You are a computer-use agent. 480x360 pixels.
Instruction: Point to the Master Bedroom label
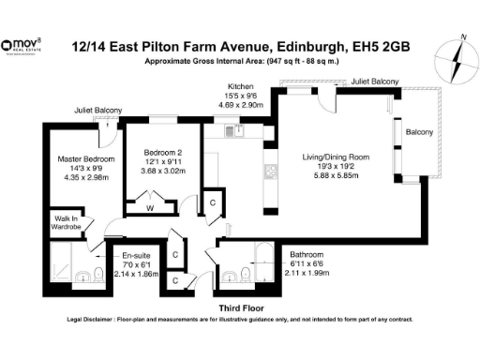(x=85, y=159)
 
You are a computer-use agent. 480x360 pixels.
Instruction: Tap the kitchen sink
(x=240, y=132)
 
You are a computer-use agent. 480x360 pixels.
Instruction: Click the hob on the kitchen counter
(x=270, y=171)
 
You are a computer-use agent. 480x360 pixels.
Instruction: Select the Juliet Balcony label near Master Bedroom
(x=98, y=110)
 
